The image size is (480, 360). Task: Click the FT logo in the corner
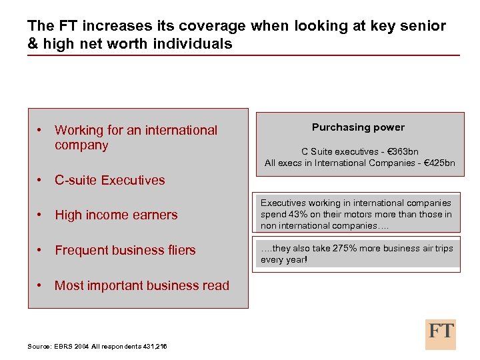[441, 333]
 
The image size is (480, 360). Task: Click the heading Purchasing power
[358, 127]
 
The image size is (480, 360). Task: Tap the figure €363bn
[402, 151]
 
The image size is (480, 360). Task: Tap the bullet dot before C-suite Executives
[41, 180]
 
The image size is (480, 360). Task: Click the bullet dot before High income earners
[41, 215]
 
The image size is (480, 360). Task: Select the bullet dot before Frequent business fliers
[41, 250]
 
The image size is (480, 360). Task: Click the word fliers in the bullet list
[181, 251]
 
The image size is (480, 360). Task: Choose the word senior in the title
[425, 26]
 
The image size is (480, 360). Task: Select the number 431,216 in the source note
[153, 346]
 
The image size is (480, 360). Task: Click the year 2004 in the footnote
[81, 346]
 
